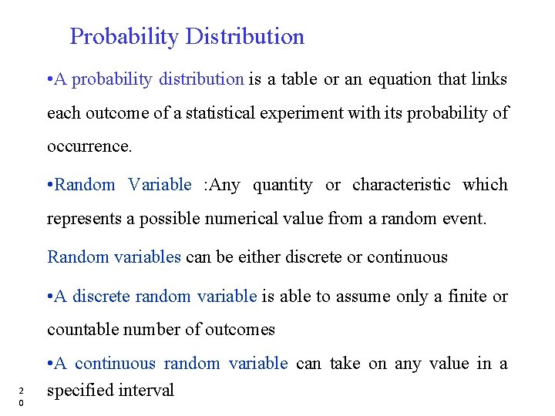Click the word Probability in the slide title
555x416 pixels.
(124, 37)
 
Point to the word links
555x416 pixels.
(488, 79)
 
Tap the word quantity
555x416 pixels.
(283, 185)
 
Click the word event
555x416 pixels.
(465, 219)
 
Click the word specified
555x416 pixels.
(78, 391)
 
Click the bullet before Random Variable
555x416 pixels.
(50, 185)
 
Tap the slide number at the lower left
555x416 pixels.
(22, 395)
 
